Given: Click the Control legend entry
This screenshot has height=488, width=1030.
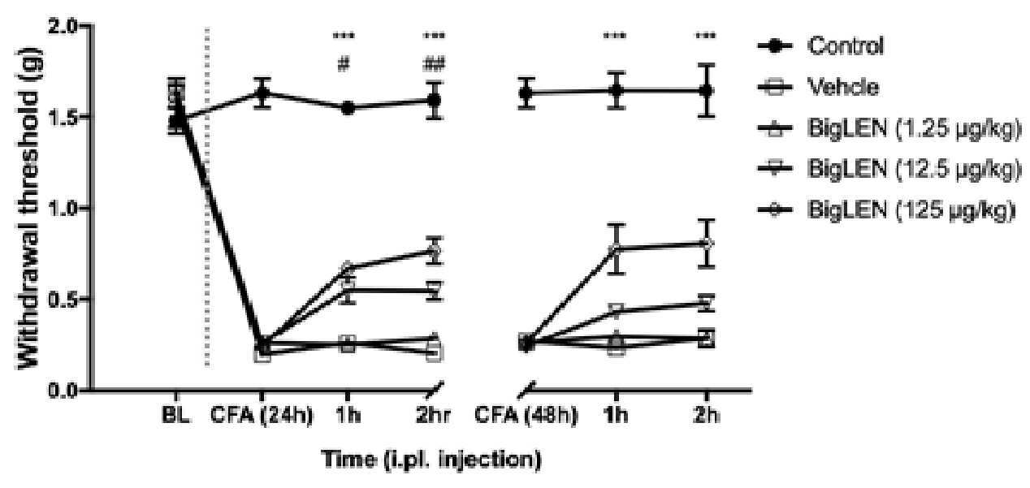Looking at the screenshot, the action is pyautogui.click(x=820, y=46).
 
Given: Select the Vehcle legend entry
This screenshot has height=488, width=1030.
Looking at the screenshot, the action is pyautogui.click(x=819, y=87).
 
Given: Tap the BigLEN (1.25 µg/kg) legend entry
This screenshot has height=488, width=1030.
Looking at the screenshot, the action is pyautogui.click(x=889, y=128).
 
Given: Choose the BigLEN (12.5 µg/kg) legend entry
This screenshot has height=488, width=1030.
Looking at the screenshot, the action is pyautogui.click(x=889, y=169).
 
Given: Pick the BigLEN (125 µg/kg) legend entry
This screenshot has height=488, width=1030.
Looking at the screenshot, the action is pyautogui.click(x=886, y=210).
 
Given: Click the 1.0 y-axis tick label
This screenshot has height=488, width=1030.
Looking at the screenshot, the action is pyautogui.click(x=63, y=208).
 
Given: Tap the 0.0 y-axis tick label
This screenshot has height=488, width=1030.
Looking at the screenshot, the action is pyautogui.click(x=63, y=391).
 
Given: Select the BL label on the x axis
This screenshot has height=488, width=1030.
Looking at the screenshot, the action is pyautogui.click(x=175, y=416).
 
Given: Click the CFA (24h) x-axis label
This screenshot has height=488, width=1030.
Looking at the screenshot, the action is pyautogui.click(x=262, y=416).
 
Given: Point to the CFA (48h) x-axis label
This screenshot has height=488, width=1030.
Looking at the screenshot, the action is pyautogui.click(x=526, y=416).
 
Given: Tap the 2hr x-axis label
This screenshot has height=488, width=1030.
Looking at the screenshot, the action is pyautogui.click(x=433, y=416).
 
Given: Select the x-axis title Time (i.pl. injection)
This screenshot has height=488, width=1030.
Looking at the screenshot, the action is pyautogui.click(x=431, y=460).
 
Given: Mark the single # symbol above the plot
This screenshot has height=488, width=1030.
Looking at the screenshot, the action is pyautogui.click(x=344, y=65).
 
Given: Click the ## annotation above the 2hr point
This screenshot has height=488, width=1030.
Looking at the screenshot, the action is pyautogui.click(x=434, y=65).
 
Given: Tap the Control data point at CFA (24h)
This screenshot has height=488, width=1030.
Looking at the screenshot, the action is pyautogui.click(x=262, y=93).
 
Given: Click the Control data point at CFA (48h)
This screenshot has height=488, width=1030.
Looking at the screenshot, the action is pyautogui.click(x=526, y=93).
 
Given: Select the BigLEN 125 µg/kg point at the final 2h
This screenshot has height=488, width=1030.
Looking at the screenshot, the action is pyautogui.click(x=707, y=243).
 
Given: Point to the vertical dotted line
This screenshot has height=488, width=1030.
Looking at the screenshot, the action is pyautogui.click(x=207, y=197).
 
